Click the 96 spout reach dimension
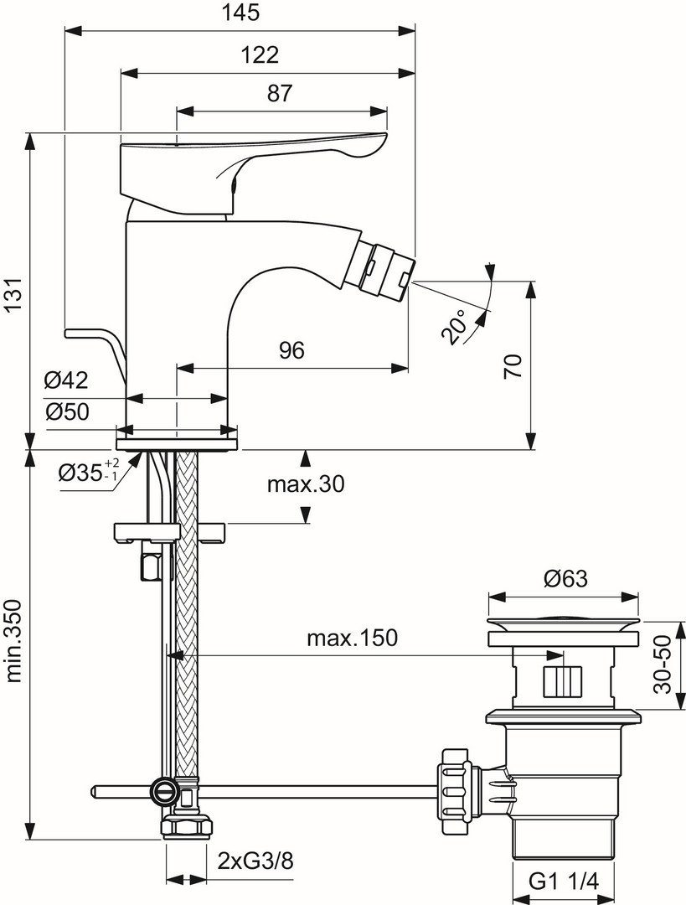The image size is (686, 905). [291, 352]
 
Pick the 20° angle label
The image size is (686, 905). [456, 328]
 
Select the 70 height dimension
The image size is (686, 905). [513, 366]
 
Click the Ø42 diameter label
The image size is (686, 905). [66, 380]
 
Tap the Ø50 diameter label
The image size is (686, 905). [66, 411]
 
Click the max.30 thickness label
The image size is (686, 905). [306, 484]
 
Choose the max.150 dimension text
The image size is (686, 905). [351, 639]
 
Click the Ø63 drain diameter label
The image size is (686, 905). [565, 578]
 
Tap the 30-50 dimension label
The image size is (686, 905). [663, 664]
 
